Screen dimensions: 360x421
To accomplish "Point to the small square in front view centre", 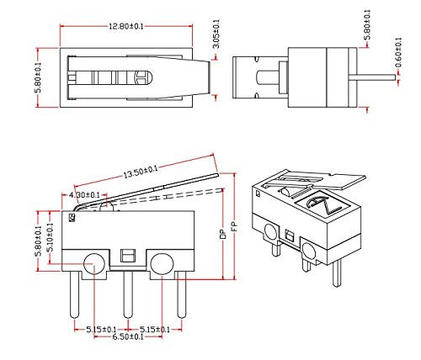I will (127, 254).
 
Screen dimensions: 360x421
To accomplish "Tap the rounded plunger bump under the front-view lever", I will (103, 204).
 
